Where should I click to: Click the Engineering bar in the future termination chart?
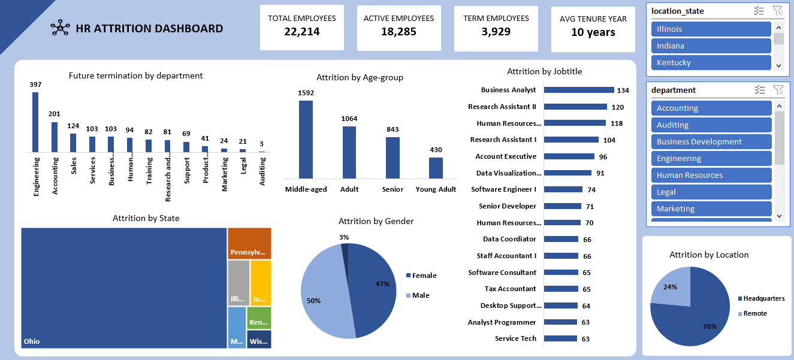(35, 123)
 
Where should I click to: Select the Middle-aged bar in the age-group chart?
(306, 140)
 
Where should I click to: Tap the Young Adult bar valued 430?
(436, 168)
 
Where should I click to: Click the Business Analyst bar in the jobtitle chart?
(579, 90)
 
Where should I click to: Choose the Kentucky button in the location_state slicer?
(711, 63)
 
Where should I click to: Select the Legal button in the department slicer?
(711, 192)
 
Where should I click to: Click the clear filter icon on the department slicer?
(778, 90)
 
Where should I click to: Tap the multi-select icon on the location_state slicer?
(759, 11)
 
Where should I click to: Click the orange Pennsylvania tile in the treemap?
(249, 243)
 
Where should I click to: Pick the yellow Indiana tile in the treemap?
(261, 283)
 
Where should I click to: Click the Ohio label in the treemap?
(32, 341)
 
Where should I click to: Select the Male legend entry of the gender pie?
(421, 295)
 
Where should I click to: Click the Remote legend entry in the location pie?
(754, 313)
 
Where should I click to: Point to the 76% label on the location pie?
(709, 326)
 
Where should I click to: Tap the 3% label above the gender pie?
(344, 237)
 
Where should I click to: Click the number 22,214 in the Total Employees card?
(302, 32)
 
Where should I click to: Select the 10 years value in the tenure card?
(593, 32)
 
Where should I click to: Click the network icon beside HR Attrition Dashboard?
(60, 28)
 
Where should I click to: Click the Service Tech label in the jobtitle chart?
(515, 338)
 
